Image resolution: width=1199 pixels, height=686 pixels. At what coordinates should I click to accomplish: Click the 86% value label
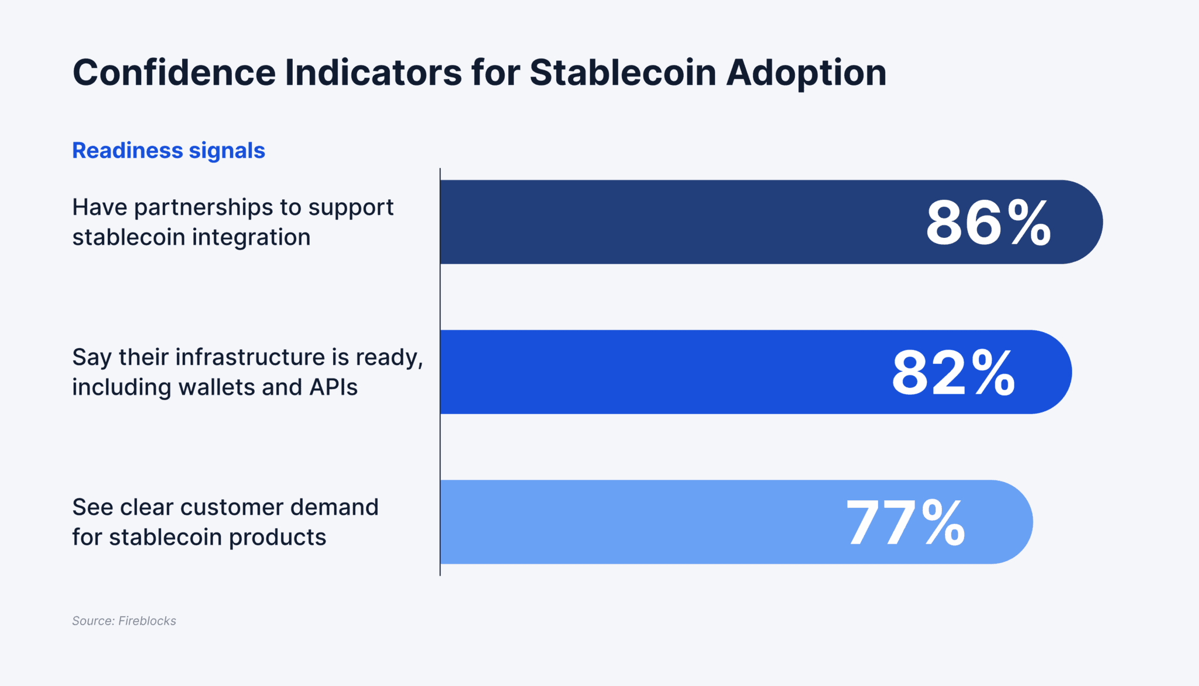point(988,223)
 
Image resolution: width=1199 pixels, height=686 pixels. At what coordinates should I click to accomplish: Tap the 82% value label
point(953,373)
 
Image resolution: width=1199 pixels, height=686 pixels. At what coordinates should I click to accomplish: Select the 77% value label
point(906,523)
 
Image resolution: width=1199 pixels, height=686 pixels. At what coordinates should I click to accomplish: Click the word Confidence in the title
point(174,73)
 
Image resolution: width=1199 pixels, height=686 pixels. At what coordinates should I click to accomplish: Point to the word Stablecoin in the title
point(622,73)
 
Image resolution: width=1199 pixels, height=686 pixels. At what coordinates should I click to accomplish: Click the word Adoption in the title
point(806,74)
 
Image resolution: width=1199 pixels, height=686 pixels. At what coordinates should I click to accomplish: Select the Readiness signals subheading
point(169,151)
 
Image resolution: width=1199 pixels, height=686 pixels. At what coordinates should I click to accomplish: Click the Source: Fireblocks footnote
point(124,621)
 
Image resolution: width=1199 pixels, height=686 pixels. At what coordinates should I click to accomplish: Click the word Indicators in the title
point(374,73)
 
